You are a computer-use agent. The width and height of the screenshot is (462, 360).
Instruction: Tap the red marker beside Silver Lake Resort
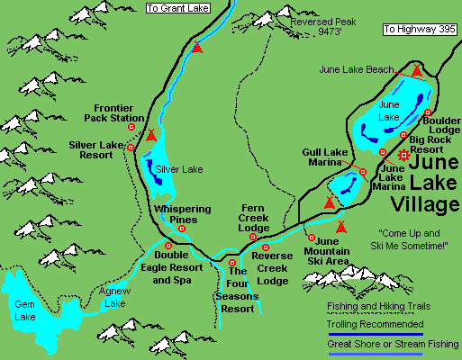pos(131,147)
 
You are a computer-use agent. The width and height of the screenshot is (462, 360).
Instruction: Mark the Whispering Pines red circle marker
pos(182,229)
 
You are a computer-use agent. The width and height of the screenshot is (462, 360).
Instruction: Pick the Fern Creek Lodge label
pos(254,217)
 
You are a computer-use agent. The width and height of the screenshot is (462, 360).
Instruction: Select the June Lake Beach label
pos(356,69)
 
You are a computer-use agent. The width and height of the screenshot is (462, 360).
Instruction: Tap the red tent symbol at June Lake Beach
pos(416,69)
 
